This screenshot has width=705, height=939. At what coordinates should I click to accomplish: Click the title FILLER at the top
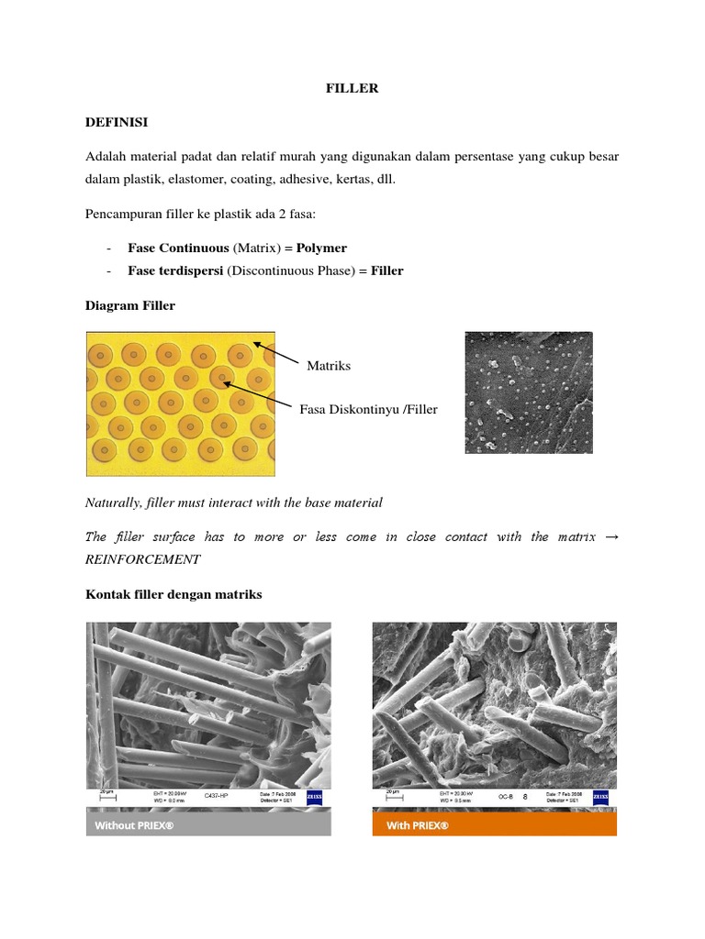click(352, 89)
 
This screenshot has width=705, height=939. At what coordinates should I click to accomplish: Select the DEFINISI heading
click(116, 122)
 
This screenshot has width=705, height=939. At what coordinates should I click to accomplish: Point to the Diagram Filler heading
click(130, 306)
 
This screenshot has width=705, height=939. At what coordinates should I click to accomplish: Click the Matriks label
click(329, 366)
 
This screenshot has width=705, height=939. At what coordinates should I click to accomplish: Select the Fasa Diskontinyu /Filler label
click(368, 409)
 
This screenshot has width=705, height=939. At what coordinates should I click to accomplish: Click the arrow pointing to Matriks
click(277, 354)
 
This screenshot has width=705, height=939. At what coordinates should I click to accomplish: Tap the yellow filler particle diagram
click(180, 403)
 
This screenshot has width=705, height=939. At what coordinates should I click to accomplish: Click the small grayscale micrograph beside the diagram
click(528, 392)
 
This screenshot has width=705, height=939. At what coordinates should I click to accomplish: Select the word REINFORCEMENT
click(142, 558)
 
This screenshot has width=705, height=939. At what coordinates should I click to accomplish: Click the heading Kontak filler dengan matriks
click(173, 594)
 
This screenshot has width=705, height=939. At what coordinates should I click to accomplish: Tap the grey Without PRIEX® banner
click(208, 825)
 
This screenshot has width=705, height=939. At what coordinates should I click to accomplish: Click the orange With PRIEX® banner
click(494, 825)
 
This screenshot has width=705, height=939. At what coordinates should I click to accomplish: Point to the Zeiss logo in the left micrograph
click(315, 797)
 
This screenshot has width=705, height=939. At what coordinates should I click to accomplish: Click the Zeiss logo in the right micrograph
click(600, 797)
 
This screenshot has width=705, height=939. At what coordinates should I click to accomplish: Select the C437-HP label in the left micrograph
click(215, 797)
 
